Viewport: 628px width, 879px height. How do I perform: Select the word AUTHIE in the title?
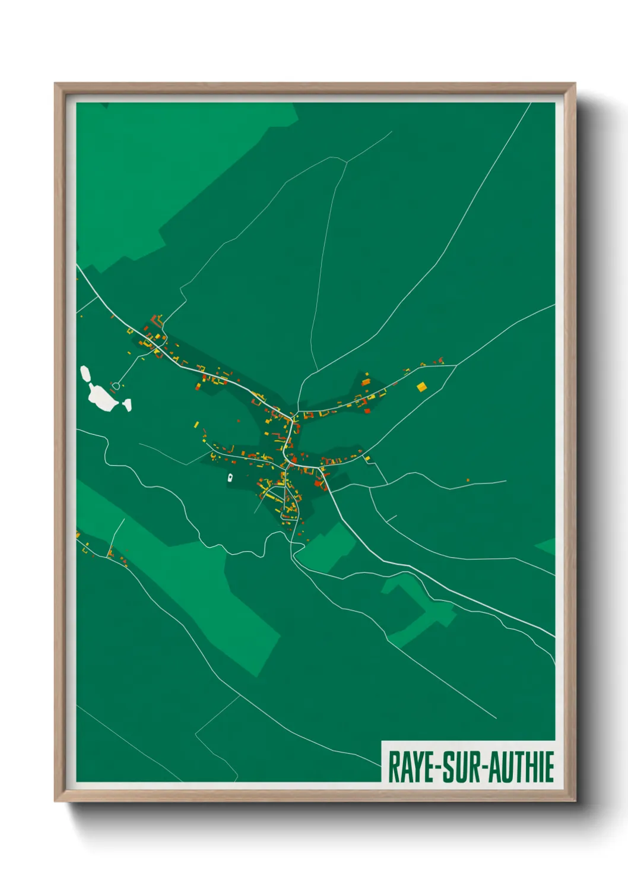[522, 767]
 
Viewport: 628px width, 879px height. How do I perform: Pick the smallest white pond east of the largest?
[126, 405]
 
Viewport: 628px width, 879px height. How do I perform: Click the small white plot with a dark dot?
[230, 477]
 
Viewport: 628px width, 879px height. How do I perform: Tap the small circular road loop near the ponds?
[116, 386]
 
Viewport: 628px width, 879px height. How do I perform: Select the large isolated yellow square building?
[421, 387]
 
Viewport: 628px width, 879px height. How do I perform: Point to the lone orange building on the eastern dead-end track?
[468, 480]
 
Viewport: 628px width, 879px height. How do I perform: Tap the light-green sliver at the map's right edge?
[547, 546]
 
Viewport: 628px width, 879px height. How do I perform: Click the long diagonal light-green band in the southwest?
[196, 588]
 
